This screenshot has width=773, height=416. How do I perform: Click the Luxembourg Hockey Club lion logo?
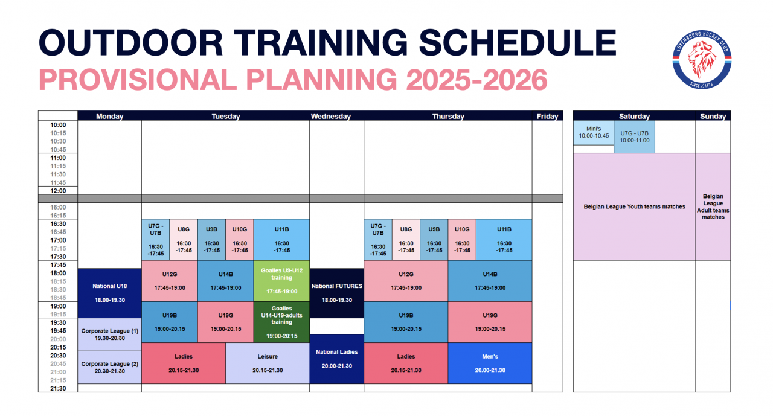point(702,59)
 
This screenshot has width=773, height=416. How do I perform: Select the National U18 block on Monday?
point(110,293)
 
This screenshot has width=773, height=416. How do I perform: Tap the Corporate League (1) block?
point(110,334)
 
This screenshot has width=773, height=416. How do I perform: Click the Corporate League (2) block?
point(110,367)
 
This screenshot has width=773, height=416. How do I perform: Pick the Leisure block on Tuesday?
point(268,363)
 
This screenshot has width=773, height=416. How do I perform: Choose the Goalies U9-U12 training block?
point(281,281)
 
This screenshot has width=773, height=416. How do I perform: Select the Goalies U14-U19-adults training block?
point(281,322)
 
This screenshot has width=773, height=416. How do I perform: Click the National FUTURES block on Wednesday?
point(337,293)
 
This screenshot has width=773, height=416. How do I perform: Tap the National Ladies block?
point(337,359)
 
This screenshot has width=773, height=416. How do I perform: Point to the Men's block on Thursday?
point(490,363)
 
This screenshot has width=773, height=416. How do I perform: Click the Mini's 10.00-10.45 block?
point(594,132)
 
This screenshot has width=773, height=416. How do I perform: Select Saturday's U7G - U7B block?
point(634,136)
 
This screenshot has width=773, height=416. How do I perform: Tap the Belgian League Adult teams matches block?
point(713,206)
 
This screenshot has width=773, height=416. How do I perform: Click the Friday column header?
point(547,117)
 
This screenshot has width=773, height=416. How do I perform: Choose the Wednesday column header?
point(330,117)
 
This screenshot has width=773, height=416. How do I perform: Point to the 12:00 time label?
point(58,191)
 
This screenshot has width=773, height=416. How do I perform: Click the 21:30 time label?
point(58,388)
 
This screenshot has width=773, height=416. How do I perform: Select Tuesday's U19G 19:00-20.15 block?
point(226,322)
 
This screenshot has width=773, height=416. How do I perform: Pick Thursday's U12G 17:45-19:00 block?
point(406,281)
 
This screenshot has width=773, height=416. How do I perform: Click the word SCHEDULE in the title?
point(518,42)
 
